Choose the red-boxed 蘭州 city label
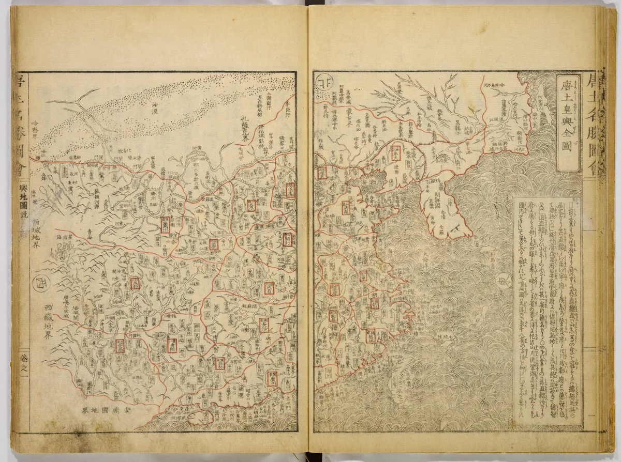(x=166, y=225)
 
